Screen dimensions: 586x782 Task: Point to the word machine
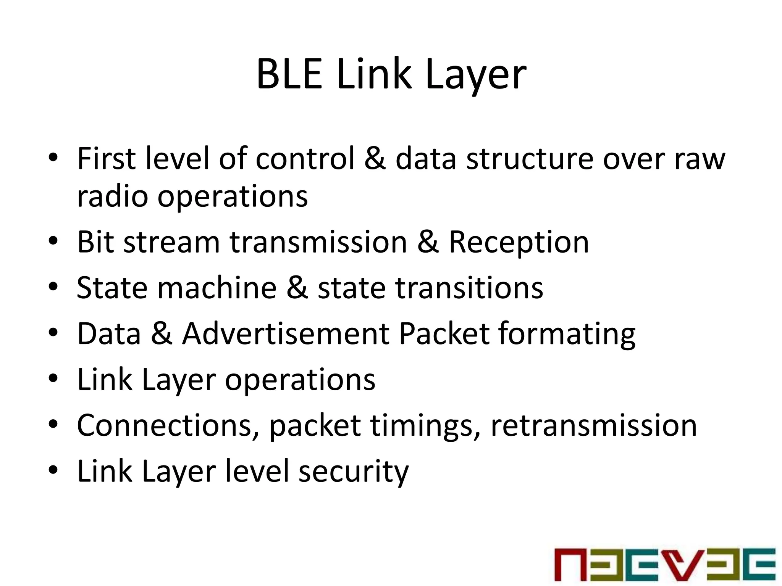click(x=217, y=288)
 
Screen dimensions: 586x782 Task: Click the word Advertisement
click(x=286, y=333)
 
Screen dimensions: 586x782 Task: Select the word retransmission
click(x=594, y=425)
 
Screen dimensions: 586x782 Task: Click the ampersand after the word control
click(x=375, y=158)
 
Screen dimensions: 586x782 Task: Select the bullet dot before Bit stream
click(x=53, y=241)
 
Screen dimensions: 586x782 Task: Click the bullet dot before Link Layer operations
click(x=53, y=378)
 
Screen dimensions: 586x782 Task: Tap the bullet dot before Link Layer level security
click(x=53, y=470)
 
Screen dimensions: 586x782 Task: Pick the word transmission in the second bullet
click(x=318, y=242)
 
